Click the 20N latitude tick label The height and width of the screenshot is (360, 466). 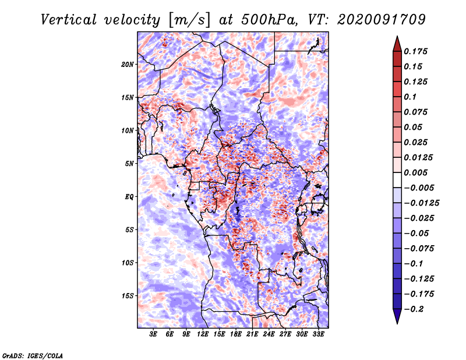coord(128,65)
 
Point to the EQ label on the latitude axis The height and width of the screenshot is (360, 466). coord(129,197)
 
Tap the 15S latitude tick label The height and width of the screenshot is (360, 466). coord(128,296)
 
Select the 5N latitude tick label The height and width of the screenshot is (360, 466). coord(129,164)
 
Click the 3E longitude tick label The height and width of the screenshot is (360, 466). coord(153,334)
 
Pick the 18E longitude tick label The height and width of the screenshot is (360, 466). coord(236,334)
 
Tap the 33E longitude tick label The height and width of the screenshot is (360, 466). coord(318,334)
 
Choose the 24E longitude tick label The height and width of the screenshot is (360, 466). coord(269,334)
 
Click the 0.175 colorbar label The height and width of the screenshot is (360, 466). coord(415,51)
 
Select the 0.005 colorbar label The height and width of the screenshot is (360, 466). coord(415,172)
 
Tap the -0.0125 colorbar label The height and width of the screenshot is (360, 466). coord(421,203)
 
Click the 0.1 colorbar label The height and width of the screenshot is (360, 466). coord(410,97)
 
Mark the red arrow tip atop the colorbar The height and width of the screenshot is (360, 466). coord(397,37)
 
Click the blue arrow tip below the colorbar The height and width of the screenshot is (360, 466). coord(397,323)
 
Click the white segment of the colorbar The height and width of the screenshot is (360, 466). coord(397,180)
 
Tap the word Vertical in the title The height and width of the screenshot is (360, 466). coord(69,20)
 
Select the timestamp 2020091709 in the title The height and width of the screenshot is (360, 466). coord(382,20)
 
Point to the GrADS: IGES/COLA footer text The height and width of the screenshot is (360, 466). coord(33,355)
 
